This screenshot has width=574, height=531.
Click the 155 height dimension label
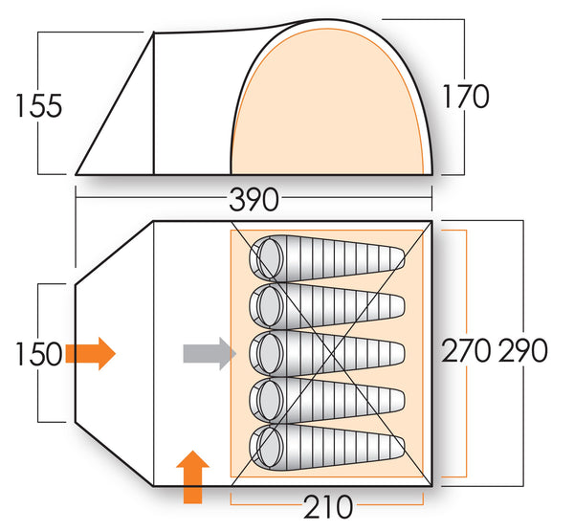39,104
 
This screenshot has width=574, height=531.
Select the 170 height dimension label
466,97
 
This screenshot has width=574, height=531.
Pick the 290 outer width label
523,351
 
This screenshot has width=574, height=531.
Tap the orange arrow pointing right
91,353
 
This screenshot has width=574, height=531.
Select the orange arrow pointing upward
193,476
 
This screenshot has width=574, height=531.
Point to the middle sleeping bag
325,352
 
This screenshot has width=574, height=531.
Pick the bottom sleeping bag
325,446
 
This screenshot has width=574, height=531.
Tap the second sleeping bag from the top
325,304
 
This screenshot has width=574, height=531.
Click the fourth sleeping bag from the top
325,399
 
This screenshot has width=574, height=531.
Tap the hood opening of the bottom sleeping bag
265,446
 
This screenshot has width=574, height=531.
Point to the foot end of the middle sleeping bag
394,352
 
